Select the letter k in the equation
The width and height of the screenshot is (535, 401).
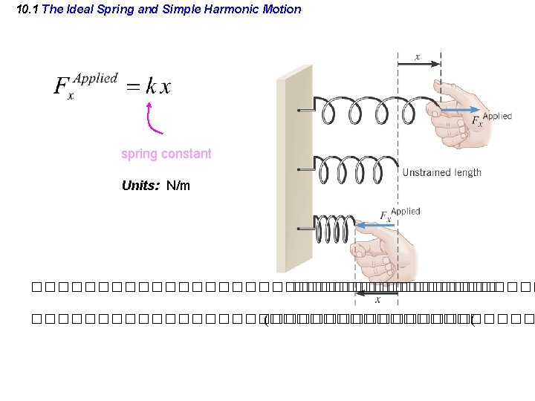click(151, 87)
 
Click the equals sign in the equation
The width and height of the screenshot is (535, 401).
click(132, 88)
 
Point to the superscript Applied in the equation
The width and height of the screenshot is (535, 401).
click(96, 78)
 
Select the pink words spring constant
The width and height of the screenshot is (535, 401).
click(166, 154)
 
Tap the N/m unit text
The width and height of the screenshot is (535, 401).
click(178, 186)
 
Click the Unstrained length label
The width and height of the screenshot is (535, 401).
click(441, 172)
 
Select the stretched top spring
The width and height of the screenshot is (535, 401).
click(372, 111)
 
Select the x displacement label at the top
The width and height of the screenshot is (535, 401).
click(418, 56)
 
